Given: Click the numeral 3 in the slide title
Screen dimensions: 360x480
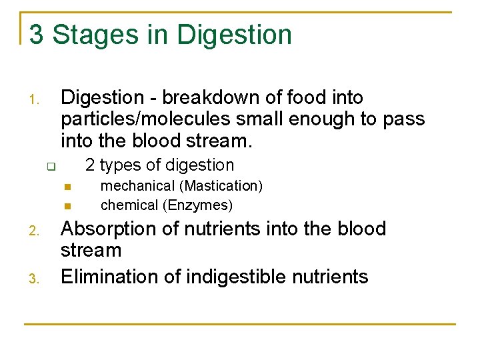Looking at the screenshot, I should pos(37,35).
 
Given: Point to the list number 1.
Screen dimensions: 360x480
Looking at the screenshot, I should pos(35,102).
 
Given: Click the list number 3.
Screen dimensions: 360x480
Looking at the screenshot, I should pos(35,279).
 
